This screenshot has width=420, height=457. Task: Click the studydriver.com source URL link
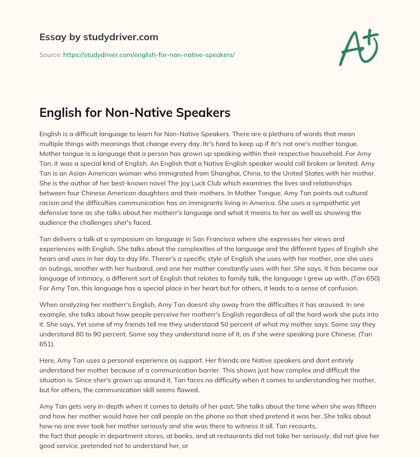tap(148, 55)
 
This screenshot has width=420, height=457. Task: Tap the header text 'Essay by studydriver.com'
tap(99, 37)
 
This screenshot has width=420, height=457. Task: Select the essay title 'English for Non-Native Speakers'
tap(135, 112)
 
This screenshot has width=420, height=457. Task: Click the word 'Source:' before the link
tap(50, 55)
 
